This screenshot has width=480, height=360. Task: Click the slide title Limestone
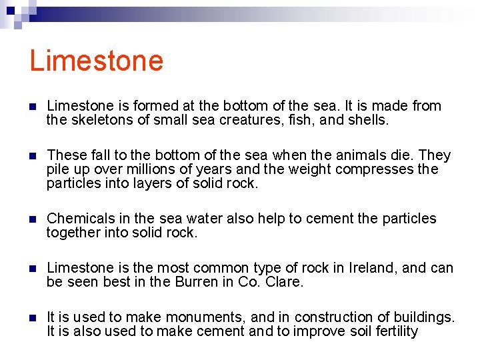click(x=96, y=61)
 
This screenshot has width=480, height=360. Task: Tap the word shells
click(x=367, y=121)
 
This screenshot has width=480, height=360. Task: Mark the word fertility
click(x=393, y=331)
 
